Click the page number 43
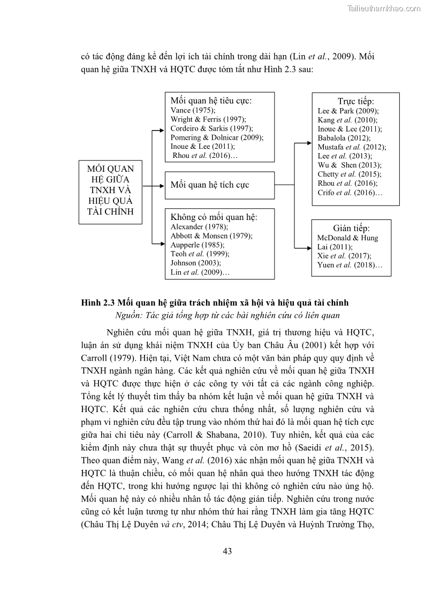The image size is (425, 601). tap(227, 551)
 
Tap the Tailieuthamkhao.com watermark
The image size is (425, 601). tap(384, 8)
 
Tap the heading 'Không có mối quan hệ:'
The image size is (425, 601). tap(214, 217)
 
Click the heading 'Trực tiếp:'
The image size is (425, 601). tap(355, 101)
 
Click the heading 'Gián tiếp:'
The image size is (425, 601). tap(351, 228)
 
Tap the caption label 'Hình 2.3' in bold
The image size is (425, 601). tap(97, 303)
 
